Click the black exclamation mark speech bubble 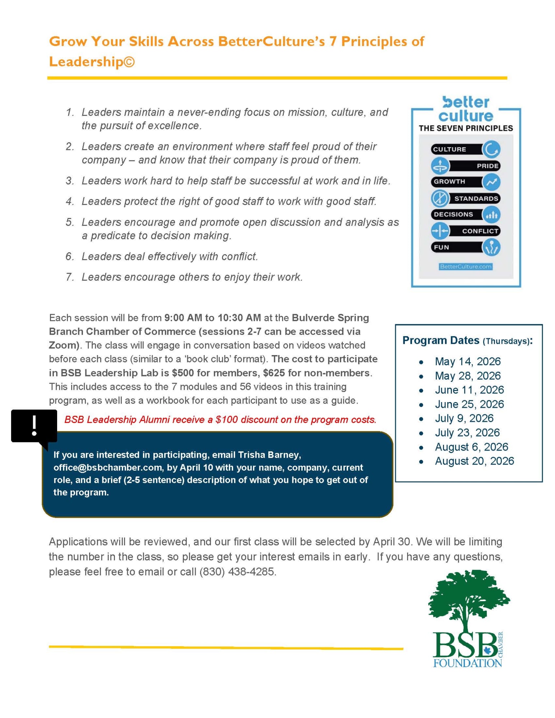pyautogui.click(x=34, y=426)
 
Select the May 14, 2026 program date pyautogui.click(x=467, y=362)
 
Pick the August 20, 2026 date pyautogui.click(x=474, y=461)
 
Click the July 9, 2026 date pyautogui.click(x=464, y=418)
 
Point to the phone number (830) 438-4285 pyautogui.click(x=238, y=572)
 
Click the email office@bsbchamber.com pyautogui.click(x=107, y=467)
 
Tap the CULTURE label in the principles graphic pyautogui.click(x=449, y=149)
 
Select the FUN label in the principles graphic pyautogui.click(x=441, y=247)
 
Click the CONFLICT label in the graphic pyautogui.click(x=480, y=231)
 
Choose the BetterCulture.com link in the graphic pyautogui.click(x=466, y=266)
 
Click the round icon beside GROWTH pyautogui.click(x=491, y=182)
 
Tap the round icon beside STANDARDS pyautogui.click(x=440, y=198)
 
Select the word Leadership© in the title pyautogui.click(x=92, y=62)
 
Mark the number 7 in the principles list pyautogui.click(x=69, y=277)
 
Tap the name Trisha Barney pyautogui.click(x=269, y=455)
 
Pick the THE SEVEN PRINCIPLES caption pyautogui.click(x=466, y=128)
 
